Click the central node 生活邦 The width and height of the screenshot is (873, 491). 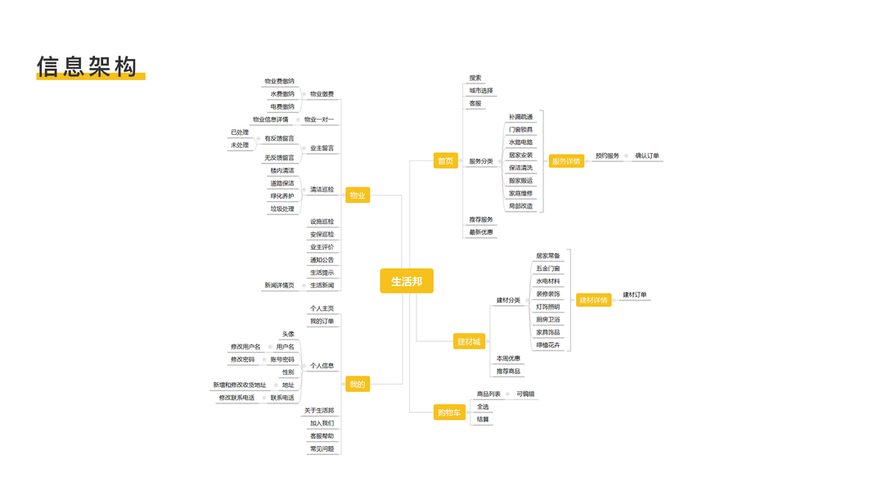pos(407,282)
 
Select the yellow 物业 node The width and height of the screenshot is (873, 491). pos(358,196)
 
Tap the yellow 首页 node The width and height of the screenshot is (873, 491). pos(445,161)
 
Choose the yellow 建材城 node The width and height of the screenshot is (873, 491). pos(469,341)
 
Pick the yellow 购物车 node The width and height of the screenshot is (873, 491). pos(449,413)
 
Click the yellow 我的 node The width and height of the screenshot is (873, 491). pos(358,385)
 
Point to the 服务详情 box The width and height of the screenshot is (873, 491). pos(565,161)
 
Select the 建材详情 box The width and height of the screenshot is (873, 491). pos(593,300)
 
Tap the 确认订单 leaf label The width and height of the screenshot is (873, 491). pos(647,155)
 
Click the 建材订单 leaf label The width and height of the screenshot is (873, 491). pos(635,295)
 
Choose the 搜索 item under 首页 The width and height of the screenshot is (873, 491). pos(475,79)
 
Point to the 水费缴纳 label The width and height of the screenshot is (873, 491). pos(282,94)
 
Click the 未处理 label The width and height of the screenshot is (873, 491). pos(240,146)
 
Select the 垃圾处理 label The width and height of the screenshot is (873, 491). pos(282,209)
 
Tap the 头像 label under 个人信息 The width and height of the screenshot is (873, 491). pos(288,334)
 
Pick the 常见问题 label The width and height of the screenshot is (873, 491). pos(322,448)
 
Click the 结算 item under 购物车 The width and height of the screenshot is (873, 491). pos(483,419)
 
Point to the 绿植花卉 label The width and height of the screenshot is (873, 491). pos(548,345)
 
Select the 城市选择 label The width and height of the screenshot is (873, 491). pos(481,91)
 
